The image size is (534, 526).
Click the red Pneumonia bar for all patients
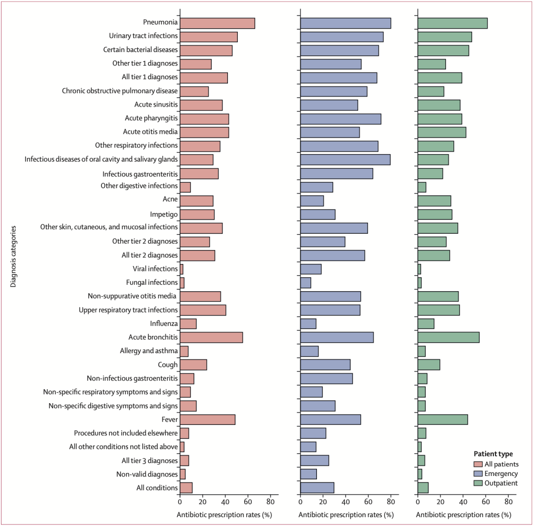click(x=217, y=23)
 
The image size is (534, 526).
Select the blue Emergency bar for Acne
click(x=312, y=201)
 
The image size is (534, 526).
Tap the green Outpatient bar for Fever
click(x=443, y=420)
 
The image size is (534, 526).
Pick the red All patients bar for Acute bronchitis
click(x=211, y=337)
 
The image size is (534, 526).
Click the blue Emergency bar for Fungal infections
click(x=306, y=283)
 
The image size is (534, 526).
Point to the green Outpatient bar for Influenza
click(x=426, y=324)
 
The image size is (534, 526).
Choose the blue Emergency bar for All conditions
click(x=317, y=488)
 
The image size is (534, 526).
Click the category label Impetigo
click(x=164, y=214)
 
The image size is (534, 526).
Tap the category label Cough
click(x=168, y=365)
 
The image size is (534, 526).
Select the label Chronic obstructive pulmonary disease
click(x=120, y=91)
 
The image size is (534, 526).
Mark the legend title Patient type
click(x=493, y=454)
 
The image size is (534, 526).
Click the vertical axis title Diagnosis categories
click(x=14, y=256)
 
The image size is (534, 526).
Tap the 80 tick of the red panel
click(x=270, y=501)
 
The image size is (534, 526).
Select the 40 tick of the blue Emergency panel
click(x=345, y=501)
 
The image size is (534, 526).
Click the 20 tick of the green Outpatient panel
click(x=440, y=501)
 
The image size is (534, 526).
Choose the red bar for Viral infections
click(x=181, y=269)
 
